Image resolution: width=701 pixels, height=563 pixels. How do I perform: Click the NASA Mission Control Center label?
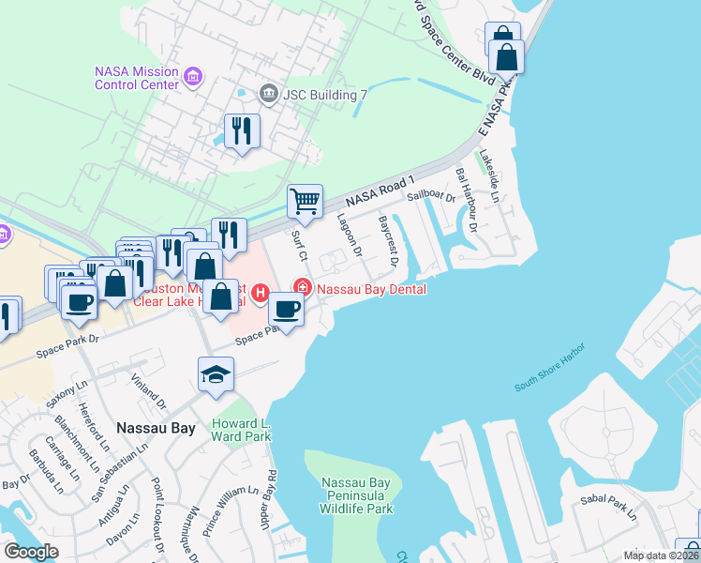coord(137,78)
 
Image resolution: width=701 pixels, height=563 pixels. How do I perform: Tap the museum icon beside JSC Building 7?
coord(268,92)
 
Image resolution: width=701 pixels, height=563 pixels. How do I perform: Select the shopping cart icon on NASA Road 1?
coord(305,201)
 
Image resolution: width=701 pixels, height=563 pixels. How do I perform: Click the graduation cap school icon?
coord(216,374)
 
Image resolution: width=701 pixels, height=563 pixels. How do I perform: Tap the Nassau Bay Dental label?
coord(371,289)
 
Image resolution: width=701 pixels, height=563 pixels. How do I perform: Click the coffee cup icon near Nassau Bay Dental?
coord(287,309)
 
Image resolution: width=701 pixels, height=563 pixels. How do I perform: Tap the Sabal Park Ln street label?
coord(606,507)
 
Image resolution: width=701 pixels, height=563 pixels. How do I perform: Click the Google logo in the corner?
coord(31,551)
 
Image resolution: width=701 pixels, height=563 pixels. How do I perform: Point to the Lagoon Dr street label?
coord(349,236)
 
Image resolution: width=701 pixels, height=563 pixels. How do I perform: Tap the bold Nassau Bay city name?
coord(156,428)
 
